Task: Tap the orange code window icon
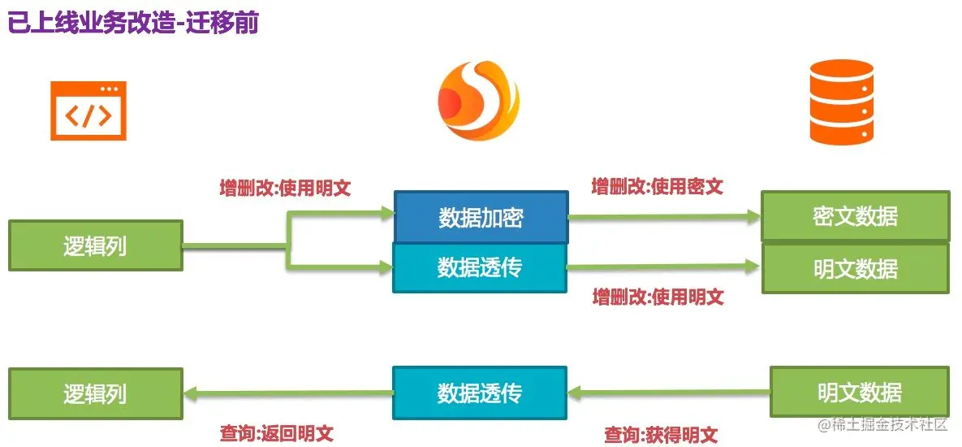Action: (88, 111)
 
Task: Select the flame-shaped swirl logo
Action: (478, 102)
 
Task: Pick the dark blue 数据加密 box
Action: (481, 217)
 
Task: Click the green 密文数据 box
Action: (855, 216)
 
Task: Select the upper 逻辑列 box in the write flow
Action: (95, 245)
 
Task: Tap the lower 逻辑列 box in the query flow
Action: (95, 393)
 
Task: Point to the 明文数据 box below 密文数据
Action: (855, 268)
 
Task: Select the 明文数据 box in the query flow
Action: (859, 393)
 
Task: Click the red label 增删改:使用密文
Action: (657, 187)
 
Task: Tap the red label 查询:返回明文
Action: (276, 433)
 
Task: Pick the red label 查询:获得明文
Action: (661, 436)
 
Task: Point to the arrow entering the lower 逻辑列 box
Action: (287, 394)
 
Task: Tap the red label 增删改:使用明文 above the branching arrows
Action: (285, 189)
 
